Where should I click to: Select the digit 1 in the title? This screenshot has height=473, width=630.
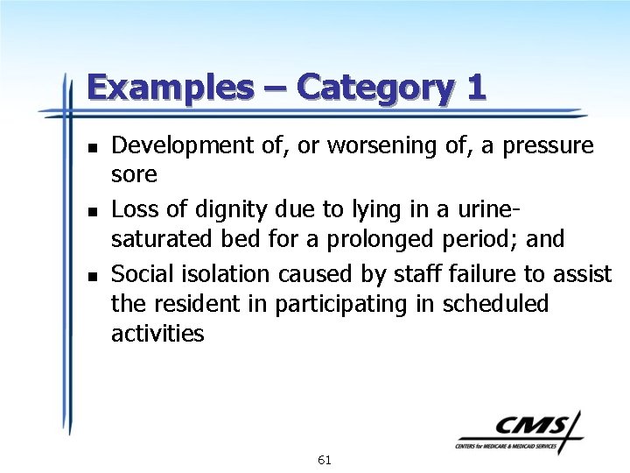point(476,88)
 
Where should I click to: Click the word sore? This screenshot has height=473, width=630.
point(134,175)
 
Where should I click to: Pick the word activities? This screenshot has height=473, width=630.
point(157,334)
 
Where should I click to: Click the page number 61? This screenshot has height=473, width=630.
point(324,460)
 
